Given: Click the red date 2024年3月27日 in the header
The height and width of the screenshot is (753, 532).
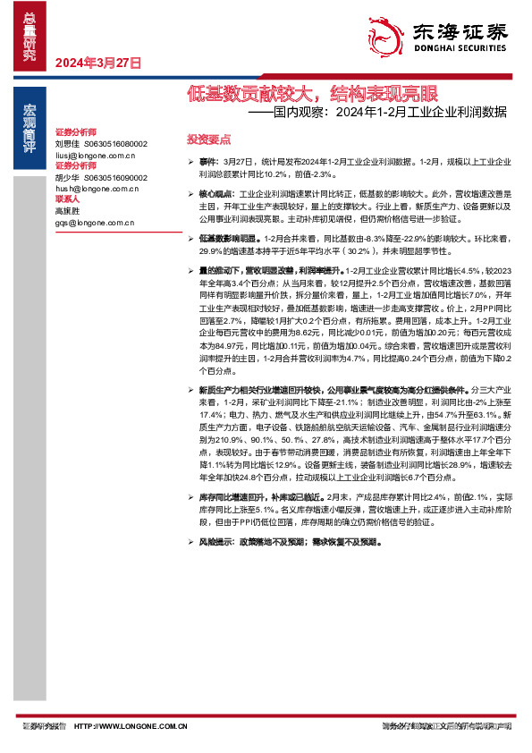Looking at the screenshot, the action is [x=99, y=63].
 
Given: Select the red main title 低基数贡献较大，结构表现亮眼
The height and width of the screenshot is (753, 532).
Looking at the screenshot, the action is [x=312, y=93].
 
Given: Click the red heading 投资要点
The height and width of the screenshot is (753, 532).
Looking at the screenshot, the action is [x=208, y=140].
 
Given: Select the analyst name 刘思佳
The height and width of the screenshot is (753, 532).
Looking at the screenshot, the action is [x=67, y=143].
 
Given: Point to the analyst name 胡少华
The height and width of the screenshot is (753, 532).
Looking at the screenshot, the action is [x=67, y=178].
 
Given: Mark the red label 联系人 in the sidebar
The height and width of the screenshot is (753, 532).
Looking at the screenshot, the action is [x=68, y=200].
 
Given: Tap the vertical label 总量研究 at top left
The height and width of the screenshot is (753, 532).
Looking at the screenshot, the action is [x=29, y=36].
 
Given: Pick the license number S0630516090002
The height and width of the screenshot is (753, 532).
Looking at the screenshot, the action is [x=116, y=178].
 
